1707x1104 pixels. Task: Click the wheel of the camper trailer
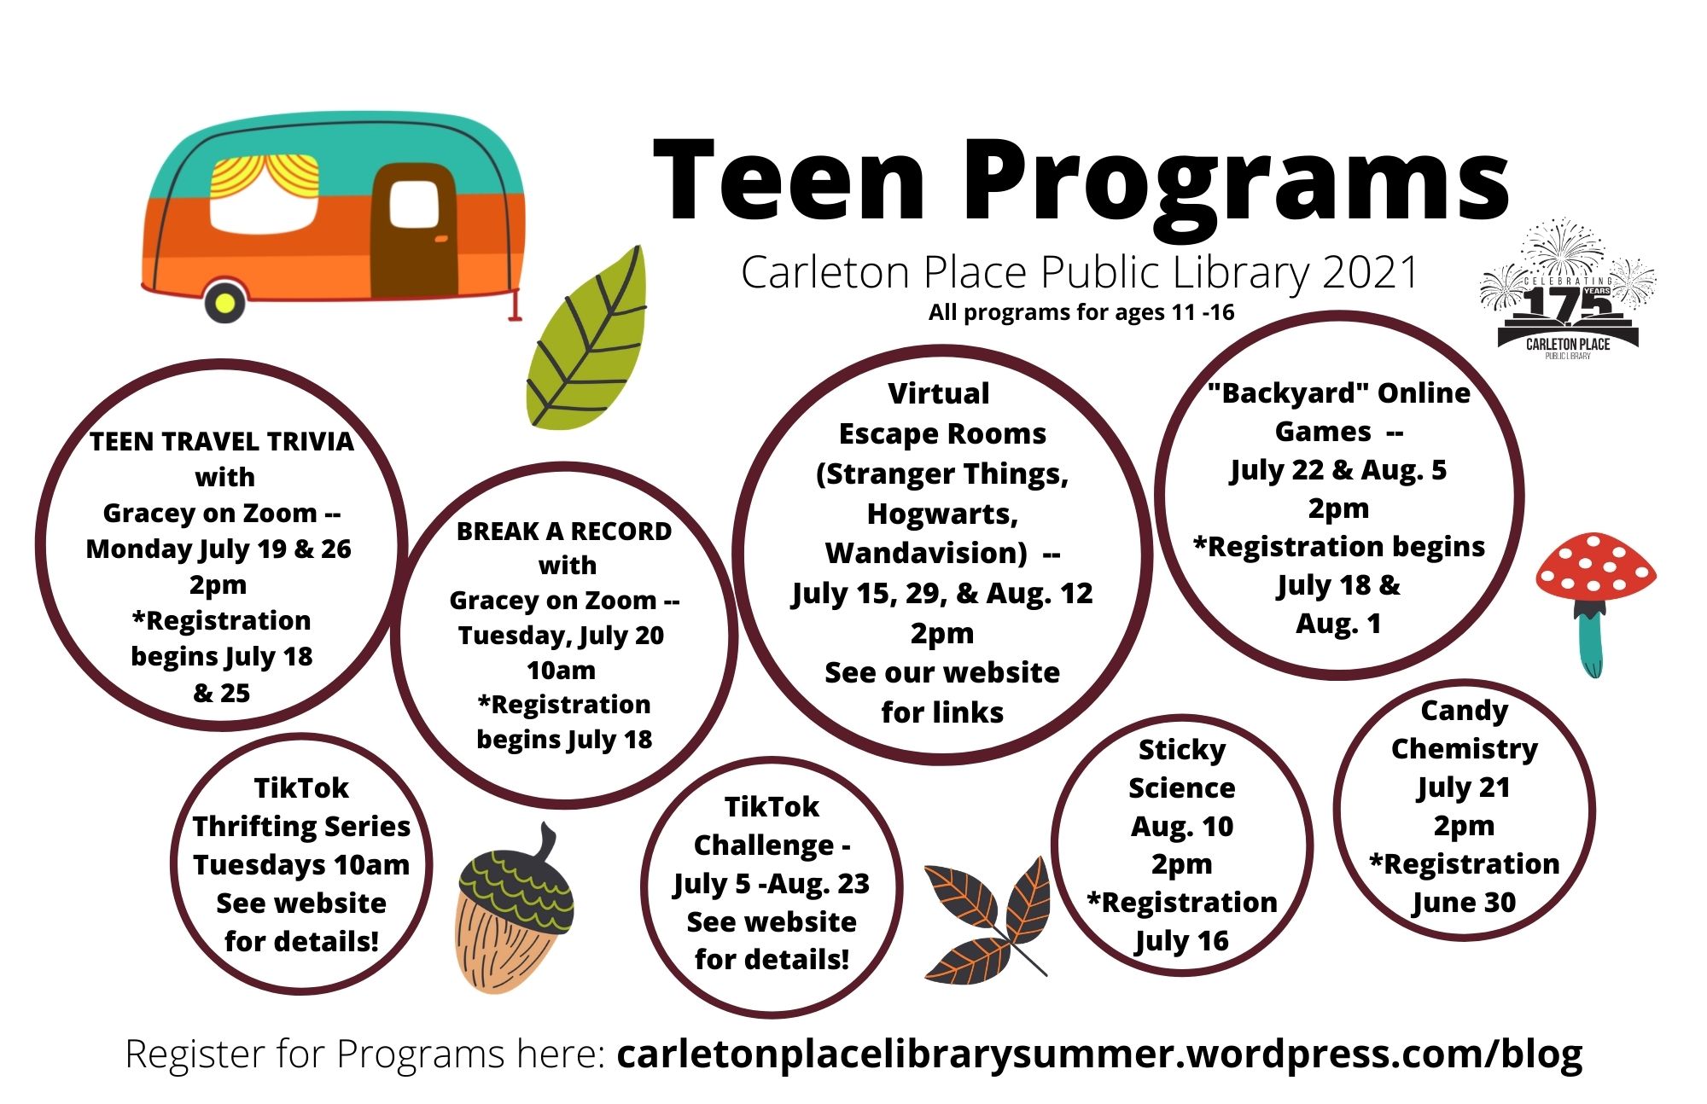click(x=224, y=301)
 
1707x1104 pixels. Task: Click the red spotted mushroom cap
click(x=1595, y=567)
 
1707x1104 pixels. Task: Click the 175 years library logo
click(x=1568, y=288)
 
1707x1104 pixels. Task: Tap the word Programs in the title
click(x=1237, y=183)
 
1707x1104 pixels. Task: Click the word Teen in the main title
click(x=789, y=181)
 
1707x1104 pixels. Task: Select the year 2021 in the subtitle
click(x=1369, y=273)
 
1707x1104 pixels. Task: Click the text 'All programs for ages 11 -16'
click(x=1081, y=313)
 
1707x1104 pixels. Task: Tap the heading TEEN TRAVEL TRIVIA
click(x=222, y=441)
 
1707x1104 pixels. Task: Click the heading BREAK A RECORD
click(x=564, y=532)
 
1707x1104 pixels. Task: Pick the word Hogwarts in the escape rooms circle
click(x=942, y=514)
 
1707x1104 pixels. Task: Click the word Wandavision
click(x=927, y=554)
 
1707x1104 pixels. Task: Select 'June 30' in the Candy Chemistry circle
click(x=1464, y=903)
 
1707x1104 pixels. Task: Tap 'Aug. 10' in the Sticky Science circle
click(x=1182, y=827)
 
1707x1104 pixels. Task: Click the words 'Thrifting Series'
click(x=301, y=827)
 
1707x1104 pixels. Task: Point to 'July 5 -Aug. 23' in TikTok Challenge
click(x=772, y=884)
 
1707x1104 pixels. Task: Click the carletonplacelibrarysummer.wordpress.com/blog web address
click(x=1100, y=1055)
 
